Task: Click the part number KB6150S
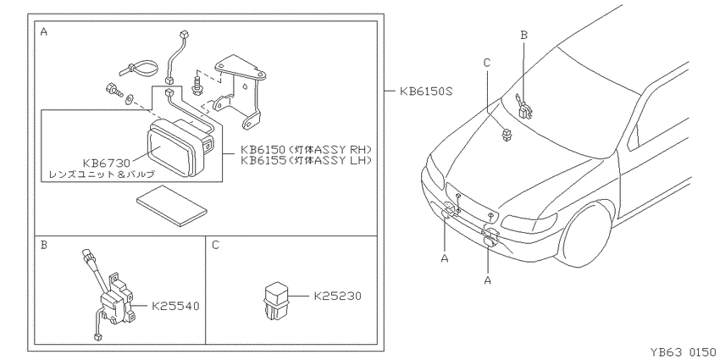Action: coord(426,91)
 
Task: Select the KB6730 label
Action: coord(107,163)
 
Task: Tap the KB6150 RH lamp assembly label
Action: coord(306,150)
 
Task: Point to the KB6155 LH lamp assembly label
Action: coord(306,160)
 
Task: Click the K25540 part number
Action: coord(175,306)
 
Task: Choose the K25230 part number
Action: coord(337,296)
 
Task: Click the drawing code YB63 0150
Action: coord(683,352)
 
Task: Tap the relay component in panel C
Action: coord(275,302)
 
